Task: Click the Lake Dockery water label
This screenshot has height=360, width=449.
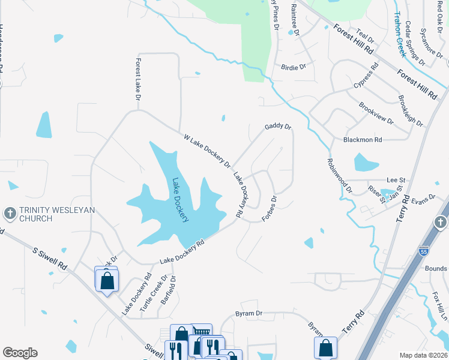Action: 181,200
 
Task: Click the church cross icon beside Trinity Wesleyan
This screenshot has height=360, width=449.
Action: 10,213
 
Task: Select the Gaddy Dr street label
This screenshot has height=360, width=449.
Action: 278,127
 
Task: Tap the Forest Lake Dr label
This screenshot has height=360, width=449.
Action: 138,79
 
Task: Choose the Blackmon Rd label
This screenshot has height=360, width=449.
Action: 363,140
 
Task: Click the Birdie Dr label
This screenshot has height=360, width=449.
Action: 294,67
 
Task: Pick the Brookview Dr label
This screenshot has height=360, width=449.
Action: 376,113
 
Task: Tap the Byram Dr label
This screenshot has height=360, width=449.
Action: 250,313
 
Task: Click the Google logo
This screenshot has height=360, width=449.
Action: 20,353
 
